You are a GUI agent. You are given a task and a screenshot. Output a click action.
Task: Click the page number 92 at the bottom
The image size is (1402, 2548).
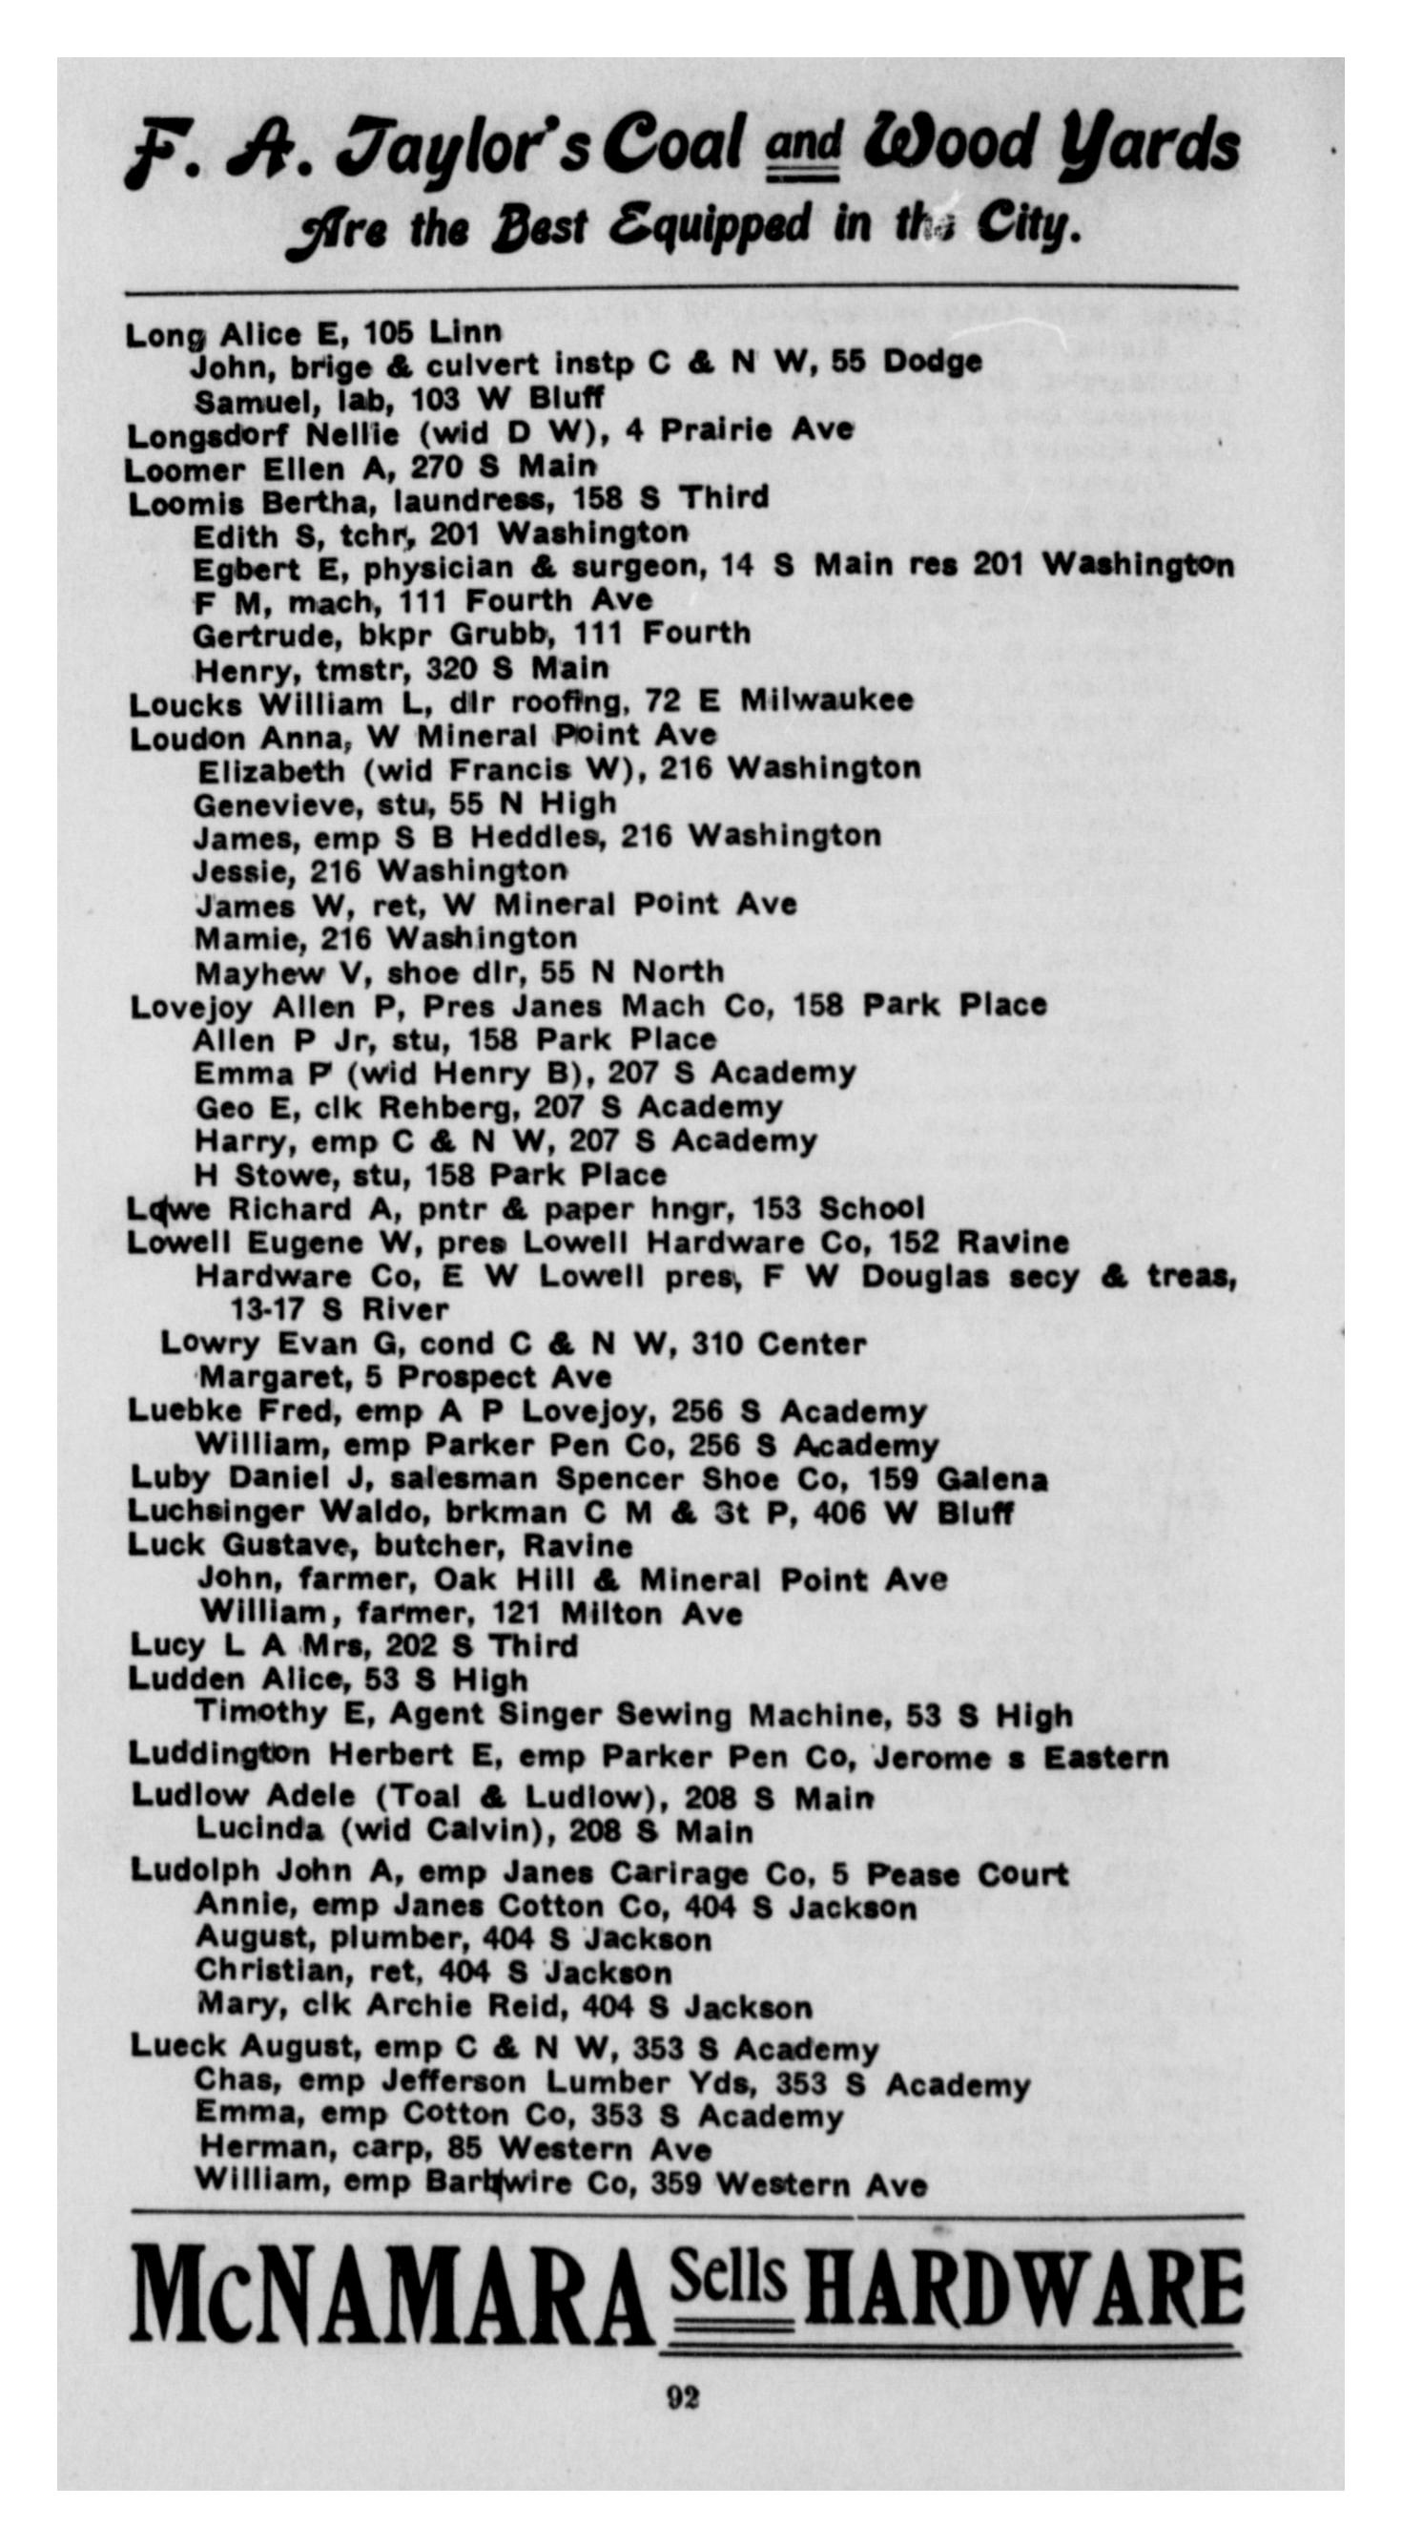coord(683,2397)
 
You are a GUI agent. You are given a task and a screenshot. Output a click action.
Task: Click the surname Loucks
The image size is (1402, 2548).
coord(186,704)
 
